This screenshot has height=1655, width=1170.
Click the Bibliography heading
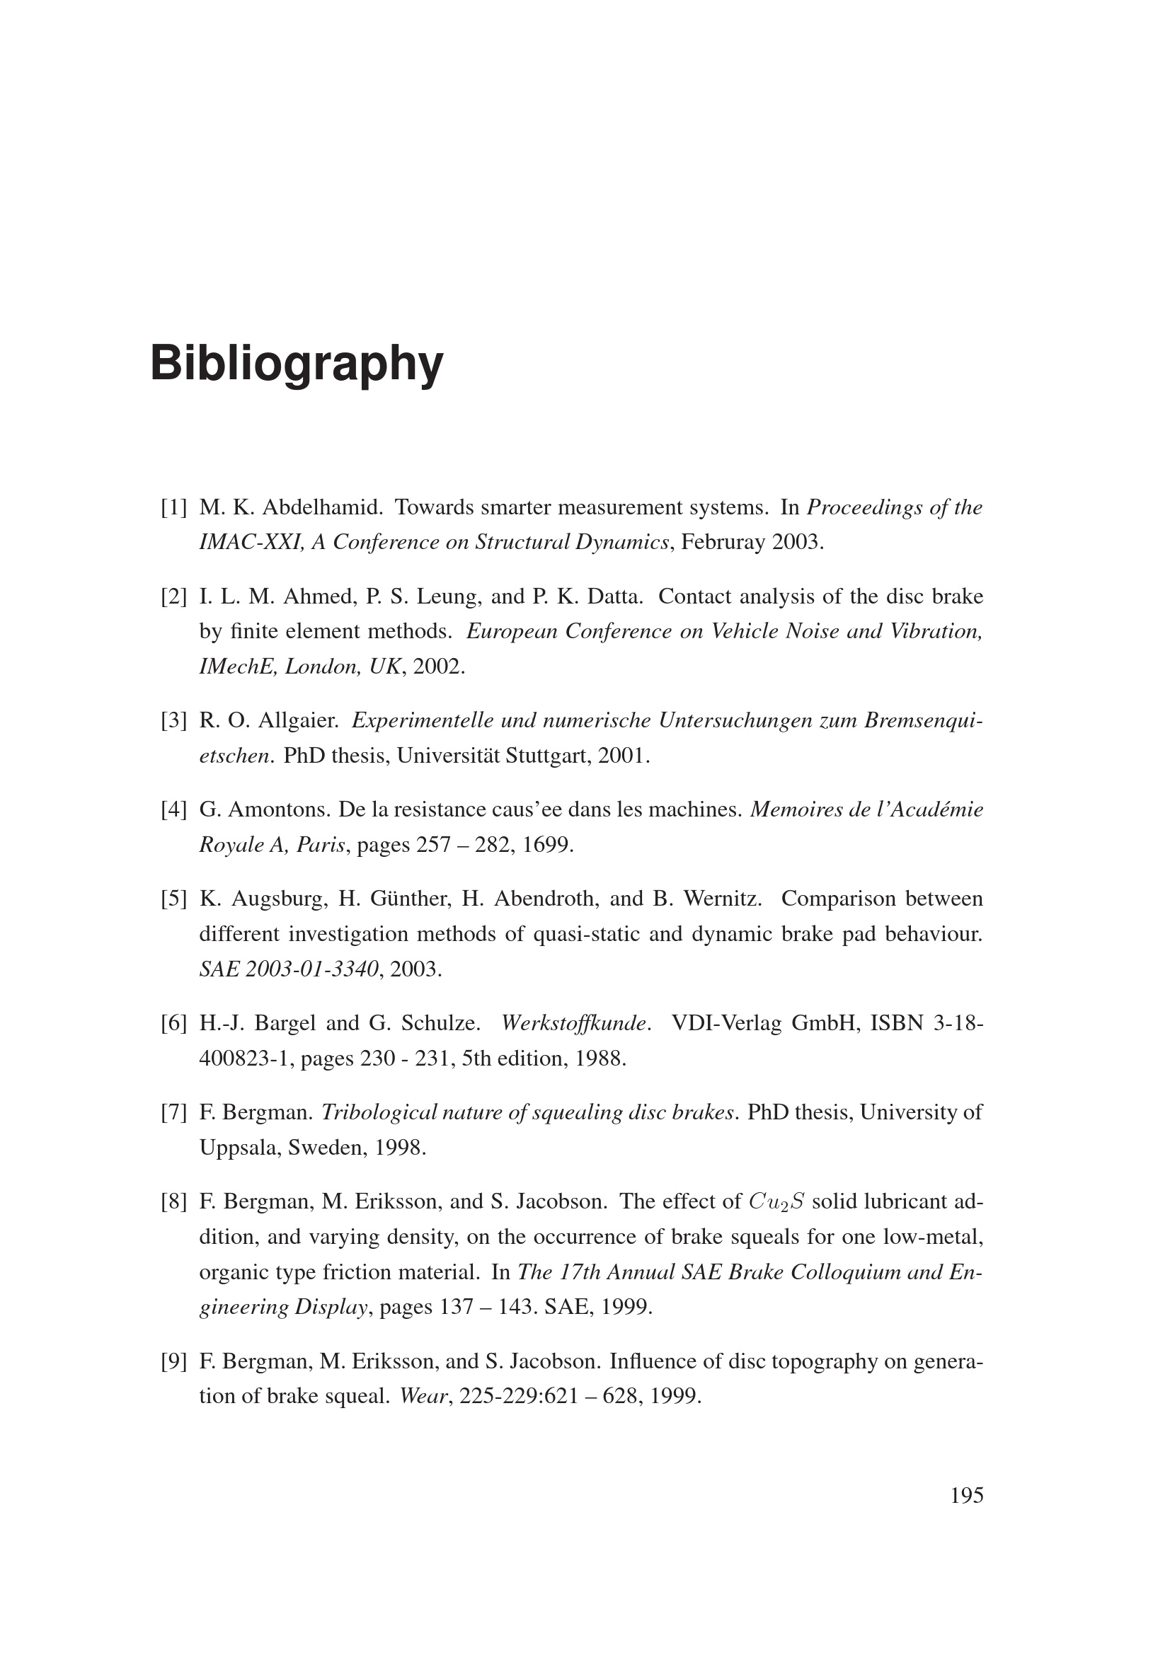coord(297,363)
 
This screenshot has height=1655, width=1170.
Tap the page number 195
coord(966,1496)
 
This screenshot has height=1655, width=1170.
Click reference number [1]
coord(173,507)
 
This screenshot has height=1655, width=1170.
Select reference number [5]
coord(173,899)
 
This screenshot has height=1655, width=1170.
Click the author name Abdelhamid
coord(321,507)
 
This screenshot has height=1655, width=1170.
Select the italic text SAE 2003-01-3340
coord(288,969)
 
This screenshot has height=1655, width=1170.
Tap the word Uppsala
coord(240,1147)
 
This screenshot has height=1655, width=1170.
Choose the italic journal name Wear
coord(424,1396)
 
